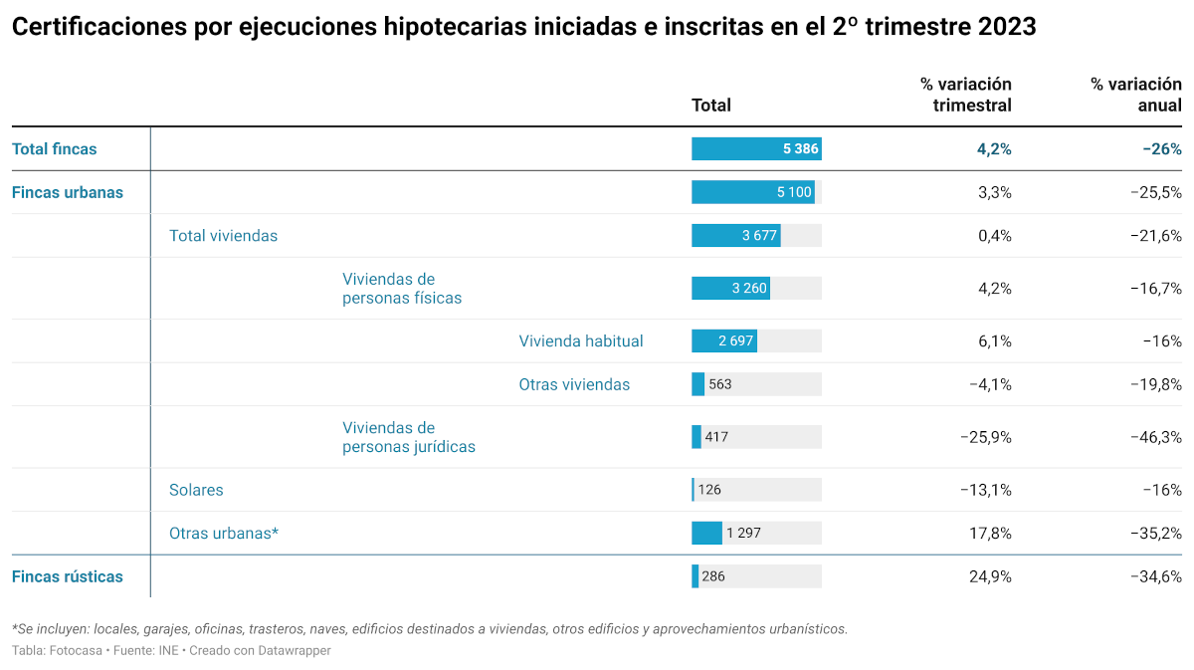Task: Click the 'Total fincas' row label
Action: [55, 149]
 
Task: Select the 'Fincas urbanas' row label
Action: [68, 192]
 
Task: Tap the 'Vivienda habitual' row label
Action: [581, 341]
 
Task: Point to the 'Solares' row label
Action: [196, 490]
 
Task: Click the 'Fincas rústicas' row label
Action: [68, 576]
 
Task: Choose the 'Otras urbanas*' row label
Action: [224, 534]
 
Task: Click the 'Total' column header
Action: [710, 106]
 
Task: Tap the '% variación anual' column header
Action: [1136, 95]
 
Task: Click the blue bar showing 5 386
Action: [756, 149]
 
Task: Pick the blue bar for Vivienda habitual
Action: [724, 341]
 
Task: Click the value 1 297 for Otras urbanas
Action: [743, 534]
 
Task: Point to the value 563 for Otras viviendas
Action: [720, 384]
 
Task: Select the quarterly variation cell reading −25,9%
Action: [985, 437]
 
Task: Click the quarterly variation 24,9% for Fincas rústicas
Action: [990, 576]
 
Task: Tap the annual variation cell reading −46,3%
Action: [1155, 437]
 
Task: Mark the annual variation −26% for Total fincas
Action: [1162, 149]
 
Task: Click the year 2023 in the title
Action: [1006, 28]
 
